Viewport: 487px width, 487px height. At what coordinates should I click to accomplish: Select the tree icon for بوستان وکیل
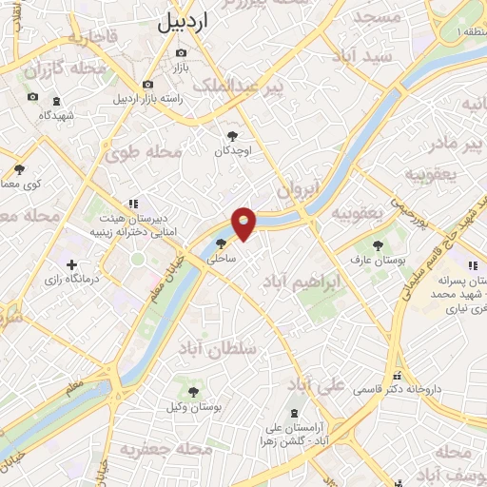coord(193,389)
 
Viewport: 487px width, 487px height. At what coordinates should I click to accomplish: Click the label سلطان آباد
coord(224,350)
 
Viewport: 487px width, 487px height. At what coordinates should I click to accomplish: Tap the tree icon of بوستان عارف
coord(378,244)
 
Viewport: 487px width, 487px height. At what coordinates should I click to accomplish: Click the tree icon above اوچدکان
coord(232,135)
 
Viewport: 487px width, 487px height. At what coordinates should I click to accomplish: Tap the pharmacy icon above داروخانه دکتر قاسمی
coord(397,374)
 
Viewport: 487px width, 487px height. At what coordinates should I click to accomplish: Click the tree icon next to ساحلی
coord(222,243)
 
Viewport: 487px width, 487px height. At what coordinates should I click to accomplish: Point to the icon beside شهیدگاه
coord(56,100)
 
